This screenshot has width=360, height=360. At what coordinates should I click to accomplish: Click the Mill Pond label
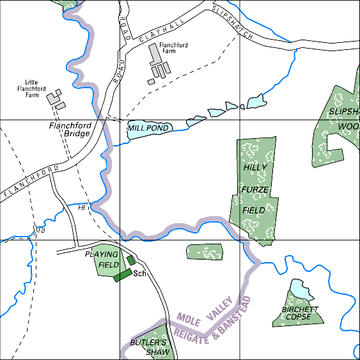[x=148, y=129]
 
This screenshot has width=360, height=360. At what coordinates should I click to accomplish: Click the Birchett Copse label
[x=296, y=313]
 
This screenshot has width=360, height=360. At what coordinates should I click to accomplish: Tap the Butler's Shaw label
[x=149, y=347]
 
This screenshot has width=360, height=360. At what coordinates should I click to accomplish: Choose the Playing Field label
[x=102, y=260]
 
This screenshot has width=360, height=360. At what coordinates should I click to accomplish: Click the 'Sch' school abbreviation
[x=140, y=274]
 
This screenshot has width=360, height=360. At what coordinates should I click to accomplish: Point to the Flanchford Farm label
[x=173, y=49]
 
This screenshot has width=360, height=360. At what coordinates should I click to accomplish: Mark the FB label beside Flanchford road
[x=82, y=208]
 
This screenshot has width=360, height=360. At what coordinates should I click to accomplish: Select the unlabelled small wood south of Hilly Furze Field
[x=204, y=251]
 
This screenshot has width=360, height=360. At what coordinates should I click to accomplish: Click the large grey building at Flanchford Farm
[x=155, y=56]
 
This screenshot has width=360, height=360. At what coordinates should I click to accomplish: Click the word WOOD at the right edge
[x=348, y=126]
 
